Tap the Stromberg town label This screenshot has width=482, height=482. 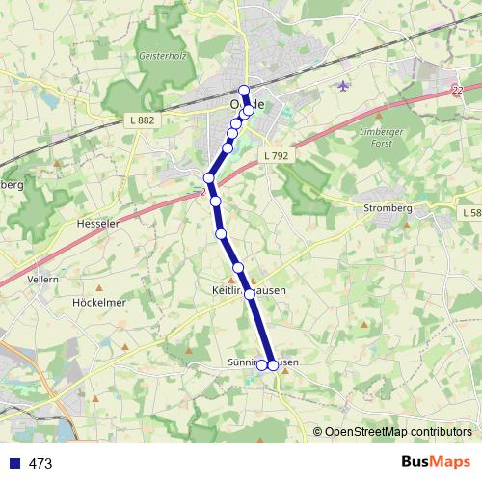pyautogui.click(x=388, y=205)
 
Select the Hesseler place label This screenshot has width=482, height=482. pyautogui.click(x=96, y=223)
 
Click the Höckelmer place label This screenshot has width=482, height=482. pyautogui.click(x=100, y=301)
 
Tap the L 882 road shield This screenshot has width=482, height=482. pyautogui.click(x=142, y=120)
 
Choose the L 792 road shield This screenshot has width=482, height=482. pyautogui.click(x=275, y=155)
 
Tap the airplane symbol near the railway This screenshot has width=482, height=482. pyautogui.click(x=344, y=86)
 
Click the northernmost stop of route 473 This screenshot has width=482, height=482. pyautogui.click(x=244, y=91)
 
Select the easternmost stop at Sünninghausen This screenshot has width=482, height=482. pyautogui.click(x=273, y=364)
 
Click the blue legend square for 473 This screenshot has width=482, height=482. pyautogui.click(x=13, y=464)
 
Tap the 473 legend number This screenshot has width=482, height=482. pyautogui.click(x=40, y=464)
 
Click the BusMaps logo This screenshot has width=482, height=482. pyautogui.click(x=436, y=463)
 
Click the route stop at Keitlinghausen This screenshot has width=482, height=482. pyautogui.click(x=249, y=293)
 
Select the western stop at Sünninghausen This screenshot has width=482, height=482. pyautogui.click(x=261, y=364)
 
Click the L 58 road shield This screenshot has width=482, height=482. pyautogui.click(x=471, y=212)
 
